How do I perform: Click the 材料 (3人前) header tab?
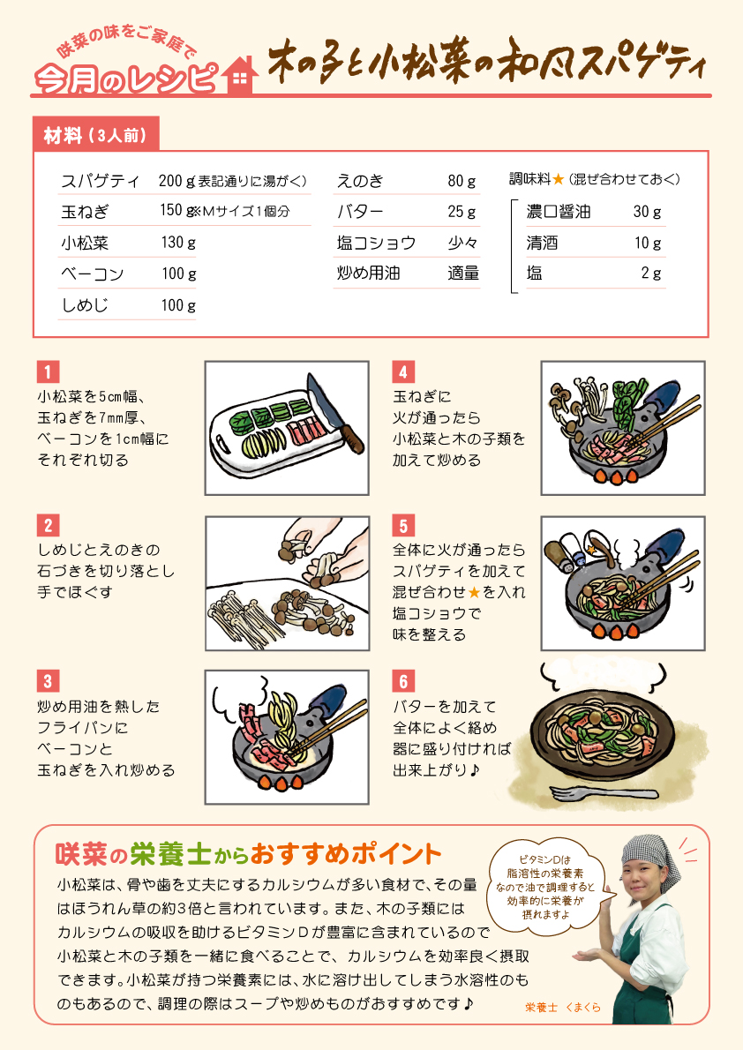coord(95,135)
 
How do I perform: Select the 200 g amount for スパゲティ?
coord(176,181)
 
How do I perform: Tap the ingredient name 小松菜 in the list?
coord(85,243)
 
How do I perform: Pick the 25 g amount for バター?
coord(462,212)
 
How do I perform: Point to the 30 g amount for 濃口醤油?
coord(647,212)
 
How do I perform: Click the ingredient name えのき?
coord(360,181)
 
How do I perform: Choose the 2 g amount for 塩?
coord(651,274)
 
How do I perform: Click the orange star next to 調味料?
coord(558,179)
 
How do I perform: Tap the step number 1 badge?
coord(48,371)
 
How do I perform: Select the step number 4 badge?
coord(402,371)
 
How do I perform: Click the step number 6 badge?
coord(402,681)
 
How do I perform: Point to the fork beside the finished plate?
coord(604,793)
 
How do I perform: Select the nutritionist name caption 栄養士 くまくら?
coord(563,1007)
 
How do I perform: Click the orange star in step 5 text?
coord(475,592)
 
